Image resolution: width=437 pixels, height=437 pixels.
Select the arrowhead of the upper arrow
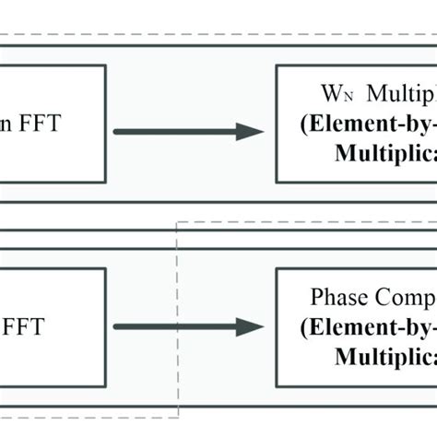(250, 132)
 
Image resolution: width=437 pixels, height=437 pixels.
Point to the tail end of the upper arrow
(116, 132)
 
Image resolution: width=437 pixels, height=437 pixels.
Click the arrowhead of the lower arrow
(250, 326)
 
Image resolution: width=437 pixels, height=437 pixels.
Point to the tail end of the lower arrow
(116, 326)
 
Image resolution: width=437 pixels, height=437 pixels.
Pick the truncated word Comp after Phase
(404, 299)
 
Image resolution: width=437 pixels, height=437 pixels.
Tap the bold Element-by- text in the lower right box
(377, 327)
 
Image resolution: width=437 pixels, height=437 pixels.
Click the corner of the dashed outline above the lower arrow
(179, 222)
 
